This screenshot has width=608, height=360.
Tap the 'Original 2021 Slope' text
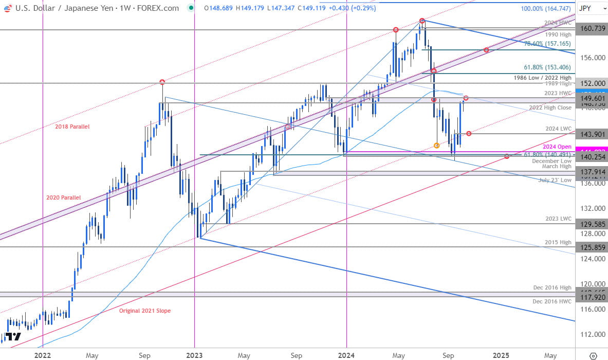[145, 311]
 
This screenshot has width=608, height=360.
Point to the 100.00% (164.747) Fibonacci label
[545, 9]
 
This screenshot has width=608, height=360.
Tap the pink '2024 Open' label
[557, 147]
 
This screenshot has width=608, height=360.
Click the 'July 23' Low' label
[555, 180]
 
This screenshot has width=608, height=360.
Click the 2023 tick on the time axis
[194, 355]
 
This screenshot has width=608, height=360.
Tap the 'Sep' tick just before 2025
[448, 355]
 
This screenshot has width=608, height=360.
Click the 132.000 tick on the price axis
[591, 208]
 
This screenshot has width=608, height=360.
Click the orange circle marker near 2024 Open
[437, 146]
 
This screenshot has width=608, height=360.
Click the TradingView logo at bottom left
[14, 337]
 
